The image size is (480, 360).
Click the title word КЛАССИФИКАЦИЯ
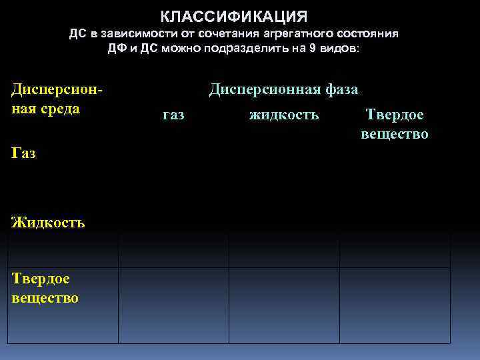click(x=234, y=15)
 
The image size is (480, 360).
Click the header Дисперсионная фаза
click(x=283, y=89)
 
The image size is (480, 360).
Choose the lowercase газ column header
click(x=173, y=115)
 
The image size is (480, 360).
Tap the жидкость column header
click(x=284, y=115)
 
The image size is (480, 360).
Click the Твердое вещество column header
click(x=395, y=125)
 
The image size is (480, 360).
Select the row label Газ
click(x=24, y=153)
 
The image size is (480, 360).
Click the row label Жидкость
click(x=48, y=222)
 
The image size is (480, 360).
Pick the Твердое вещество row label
click(x=45, y=288)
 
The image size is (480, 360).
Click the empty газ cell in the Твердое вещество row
click(x=173, y=305)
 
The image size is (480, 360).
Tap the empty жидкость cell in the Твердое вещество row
click(x=284, y=305)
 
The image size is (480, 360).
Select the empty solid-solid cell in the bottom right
click(x=395, y=305)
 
